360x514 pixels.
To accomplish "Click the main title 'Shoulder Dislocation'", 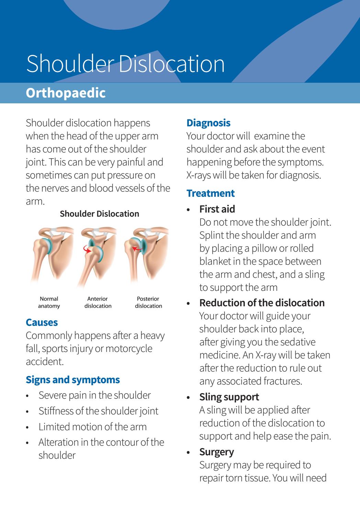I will pyautogui.click(x=125, y=64).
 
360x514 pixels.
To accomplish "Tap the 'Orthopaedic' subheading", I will pyautogui.click(x=66, y=93).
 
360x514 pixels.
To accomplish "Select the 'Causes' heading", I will pyautogui.click(x=42, y=322).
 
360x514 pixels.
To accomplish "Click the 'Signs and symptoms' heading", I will pyautogui.click(x=73, y=380).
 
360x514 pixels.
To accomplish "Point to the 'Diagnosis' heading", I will pyautogui.click(x=208, y=123).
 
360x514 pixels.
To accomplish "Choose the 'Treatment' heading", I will pyautogui.click(x=211, y=193).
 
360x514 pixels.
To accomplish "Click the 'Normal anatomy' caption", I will pyautogui.click(x=49, y=302).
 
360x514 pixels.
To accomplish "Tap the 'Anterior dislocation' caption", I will pyautogui.click(x=98, y=302).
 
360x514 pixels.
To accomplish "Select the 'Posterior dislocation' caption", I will pyautogui.click(x=148, y=302).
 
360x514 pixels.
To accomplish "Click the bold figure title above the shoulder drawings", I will pyautogui.click(x=99, y=214).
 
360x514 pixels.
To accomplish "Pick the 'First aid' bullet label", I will pyautogui.click(x=217, y=209).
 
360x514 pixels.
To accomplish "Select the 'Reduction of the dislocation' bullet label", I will pyautogui.click(x=262, y=303).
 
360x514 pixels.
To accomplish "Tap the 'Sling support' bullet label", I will pyautogui.click(x=229, y=397).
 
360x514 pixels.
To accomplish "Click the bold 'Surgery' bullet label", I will pyautogui.click(x=216, y=452).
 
